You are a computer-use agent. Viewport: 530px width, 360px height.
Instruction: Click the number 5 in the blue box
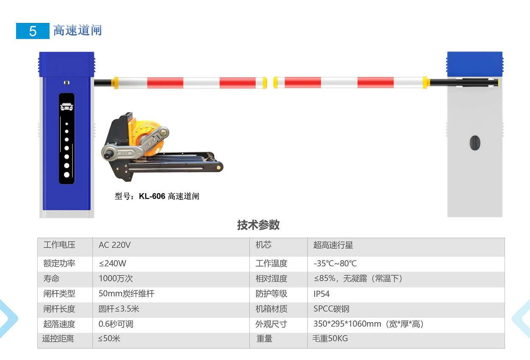pyautogui.click(x=33, y=31)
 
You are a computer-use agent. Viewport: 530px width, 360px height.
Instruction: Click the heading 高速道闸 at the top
pyautogui.click(x=78, y=30)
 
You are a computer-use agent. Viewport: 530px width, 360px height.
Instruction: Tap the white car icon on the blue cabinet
pyautogui.click(x=67, y=107)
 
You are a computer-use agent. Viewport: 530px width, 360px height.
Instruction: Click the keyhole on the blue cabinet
pyautogui.click(x=67, y=83)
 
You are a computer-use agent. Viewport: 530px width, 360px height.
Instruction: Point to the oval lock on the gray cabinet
pyautogui.click(x=474, y=143)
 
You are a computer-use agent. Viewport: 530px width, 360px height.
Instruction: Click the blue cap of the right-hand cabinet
pyautogui.click(x=474, y=64)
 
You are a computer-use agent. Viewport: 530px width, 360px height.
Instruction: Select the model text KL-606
pyautogui.click(x=152, y=196)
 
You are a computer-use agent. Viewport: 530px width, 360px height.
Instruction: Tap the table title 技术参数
pyautogui.click(x=258, y=225)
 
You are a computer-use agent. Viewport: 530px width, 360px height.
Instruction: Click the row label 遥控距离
pyautogui.click(x=58, y=338)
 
